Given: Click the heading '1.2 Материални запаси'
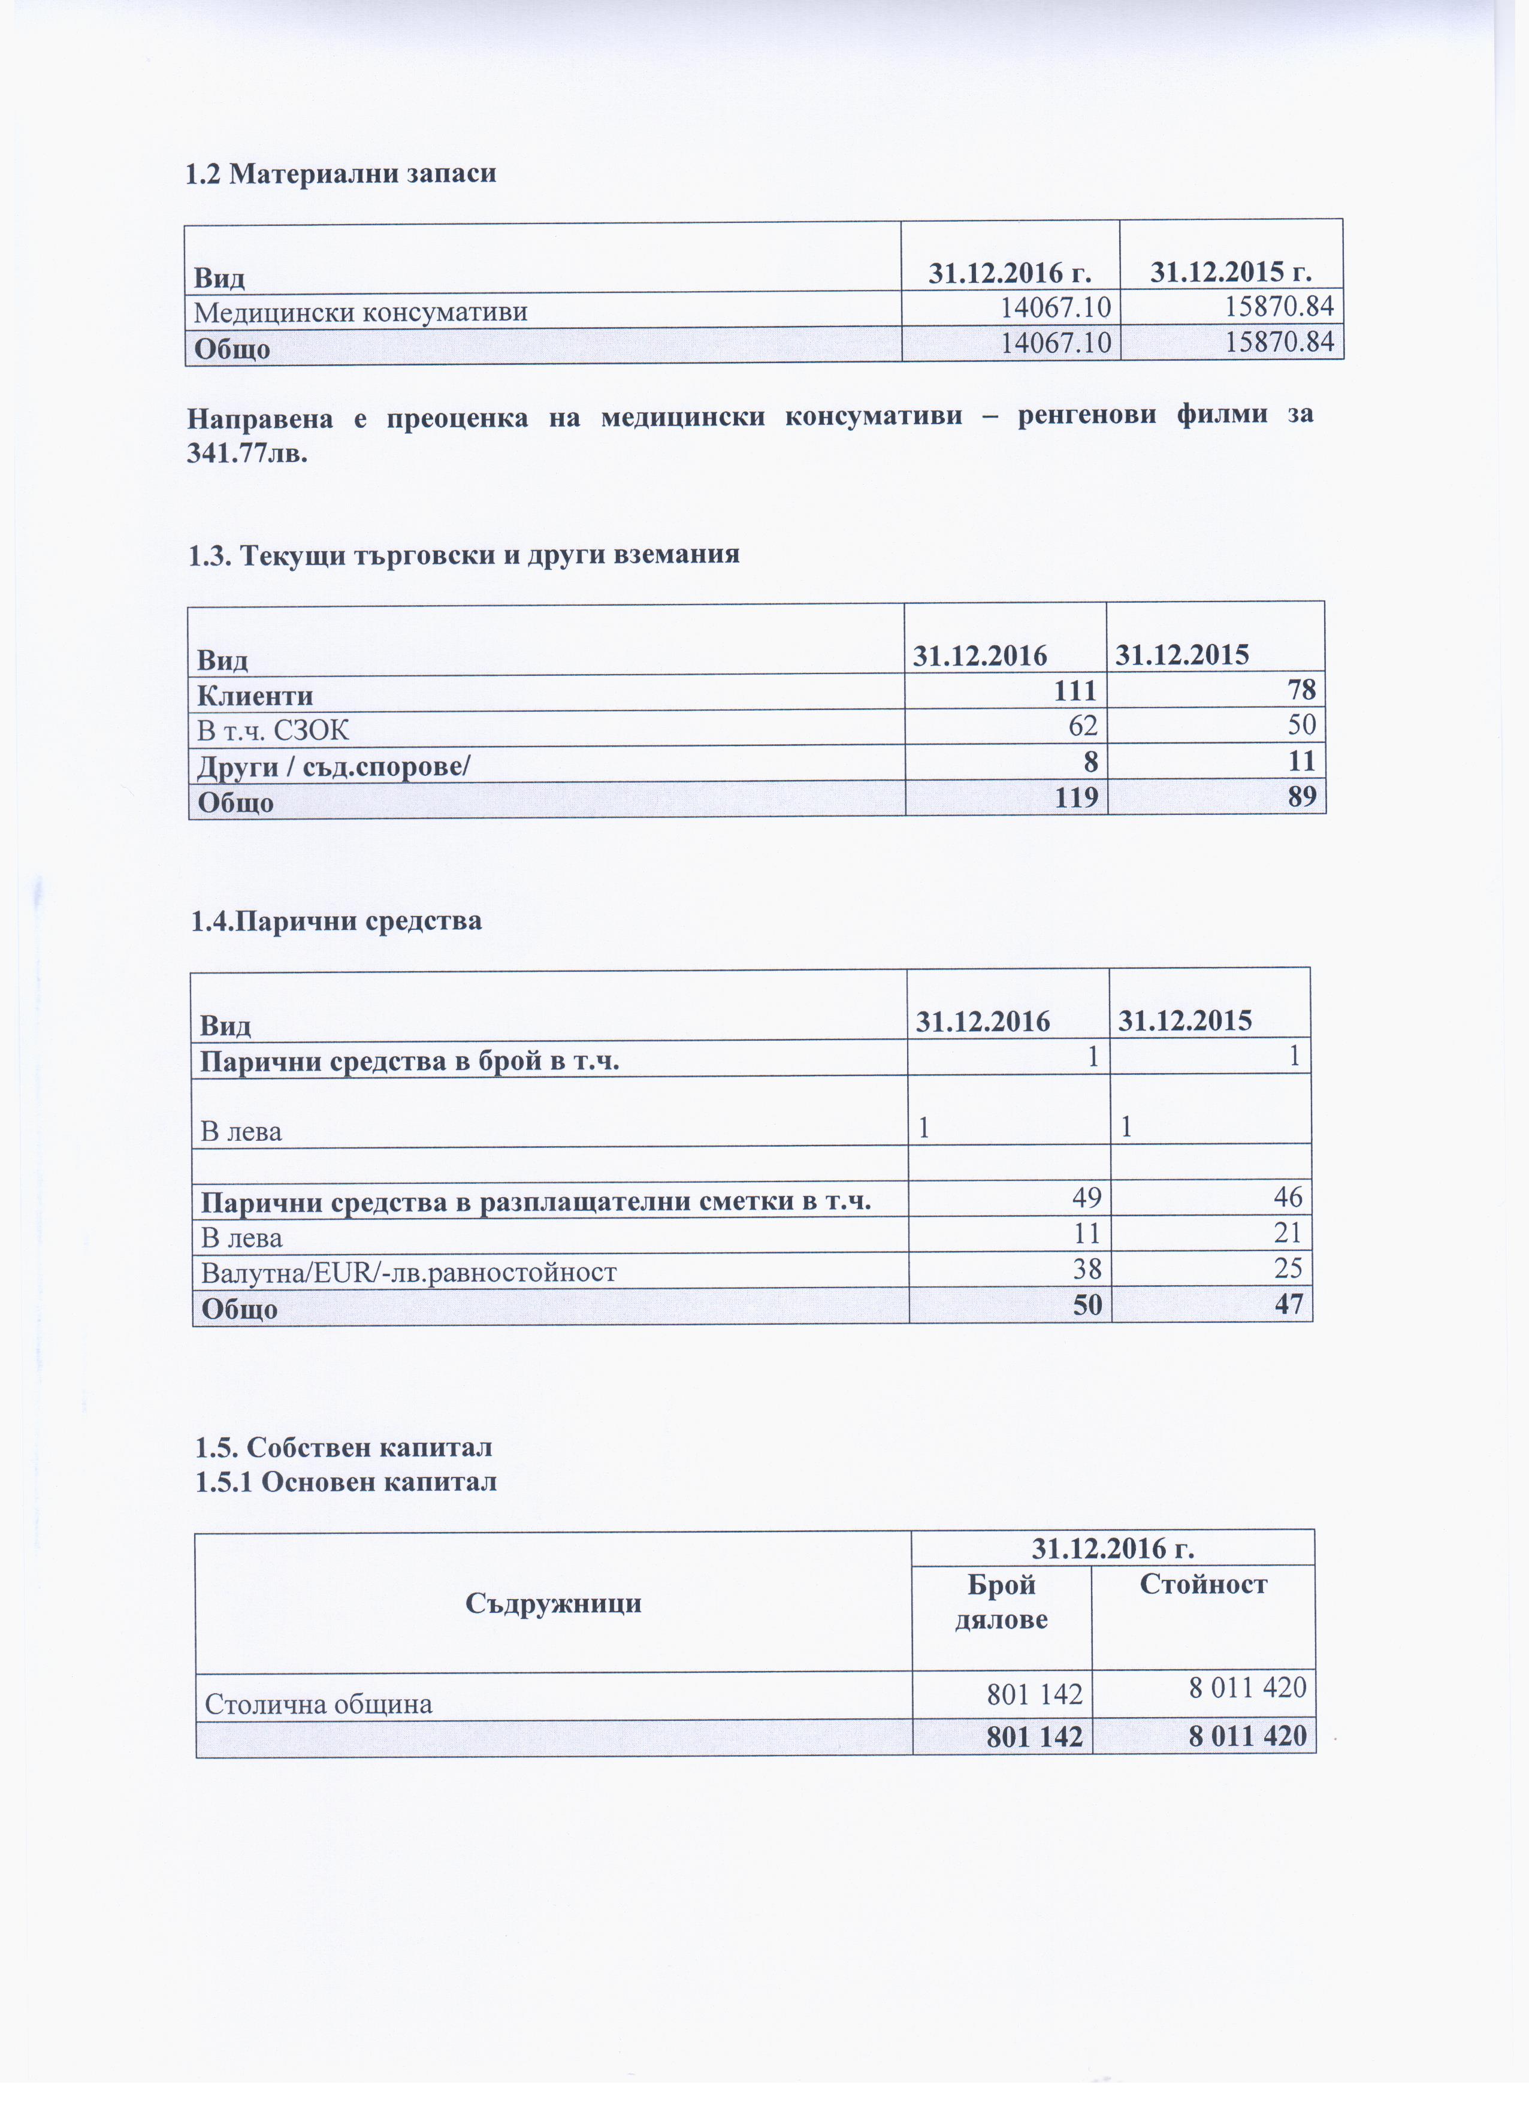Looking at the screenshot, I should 340,173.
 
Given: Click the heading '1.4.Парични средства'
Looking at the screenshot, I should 337,921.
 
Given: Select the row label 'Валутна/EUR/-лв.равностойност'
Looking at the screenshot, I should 409,1271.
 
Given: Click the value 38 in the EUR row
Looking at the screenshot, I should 1087,1268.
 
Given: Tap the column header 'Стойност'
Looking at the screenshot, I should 1202,1583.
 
